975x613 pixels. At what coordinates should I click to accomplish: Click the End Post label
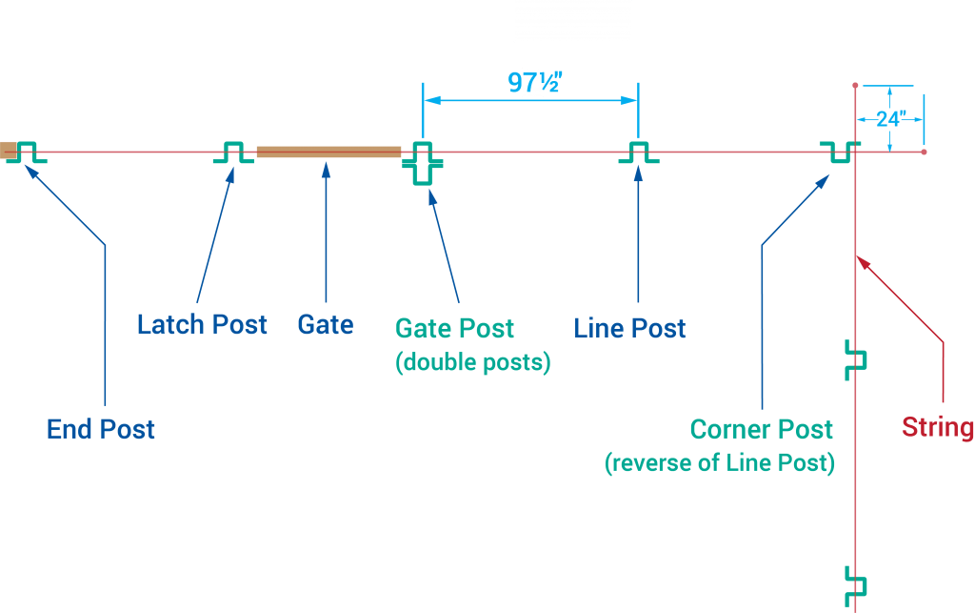[x=101, y=429]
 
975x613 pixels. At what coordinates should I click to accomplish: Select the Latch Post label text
[x=202, y=324]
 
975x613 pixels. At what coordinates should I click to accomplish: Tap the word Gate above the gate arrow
[x=326, y=324]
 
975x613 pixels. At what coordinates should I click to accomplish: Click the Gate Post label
[x=454, y=329]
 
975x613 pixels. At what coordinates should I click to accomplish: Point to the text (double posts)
[x=473, y=363]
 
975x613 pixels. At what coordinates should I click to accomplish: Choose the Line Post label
[x=629, y=329]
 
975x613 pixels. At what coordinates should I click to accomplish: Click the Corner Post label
[x=762, y=429]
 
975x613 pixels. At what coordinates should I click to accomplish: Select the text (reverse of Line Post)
[x=720, y=463]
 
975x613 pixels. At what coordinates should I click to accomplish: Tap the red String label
[x=938, y=427]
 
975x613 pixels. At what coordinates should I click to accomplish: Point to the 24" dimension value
[x=889, y=119]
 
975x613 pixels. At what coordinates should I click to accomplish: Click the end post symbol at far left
[x=26, y=152]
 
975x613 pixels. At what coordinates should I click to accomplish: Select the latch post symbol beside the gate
[x=233, y=152]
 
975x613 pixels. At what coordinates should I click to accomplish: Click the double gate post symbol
[x=423, y=163]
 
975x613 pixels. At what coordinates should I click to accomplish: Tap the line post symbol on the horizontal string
[x=639, y=152]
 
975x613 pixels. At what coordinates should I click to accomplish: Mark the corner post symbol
[x=840, y=152]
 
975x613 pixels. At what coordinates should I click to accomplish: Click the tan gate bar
[x=328, y=152]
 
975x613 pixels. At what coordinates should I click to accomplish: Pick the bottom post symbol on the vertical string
[x=856, y=582]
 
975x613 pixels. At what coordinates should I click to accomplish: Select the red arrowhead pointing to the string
[x=860, y=260]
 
